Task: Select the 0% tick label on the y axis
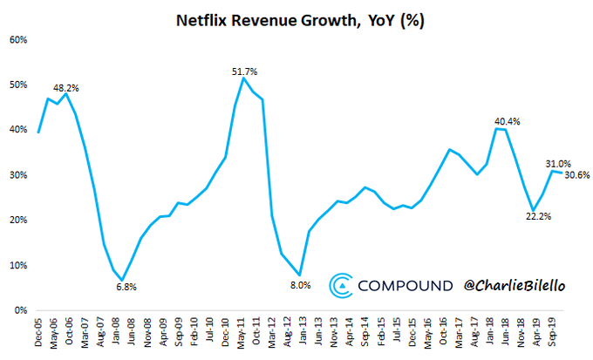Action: coord(20,310)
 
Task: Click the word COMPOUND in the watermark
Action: coord(406,285)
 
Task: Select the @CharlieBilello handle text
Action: coord(517,285)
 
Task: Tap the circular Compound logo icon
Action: coord(340,285)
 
